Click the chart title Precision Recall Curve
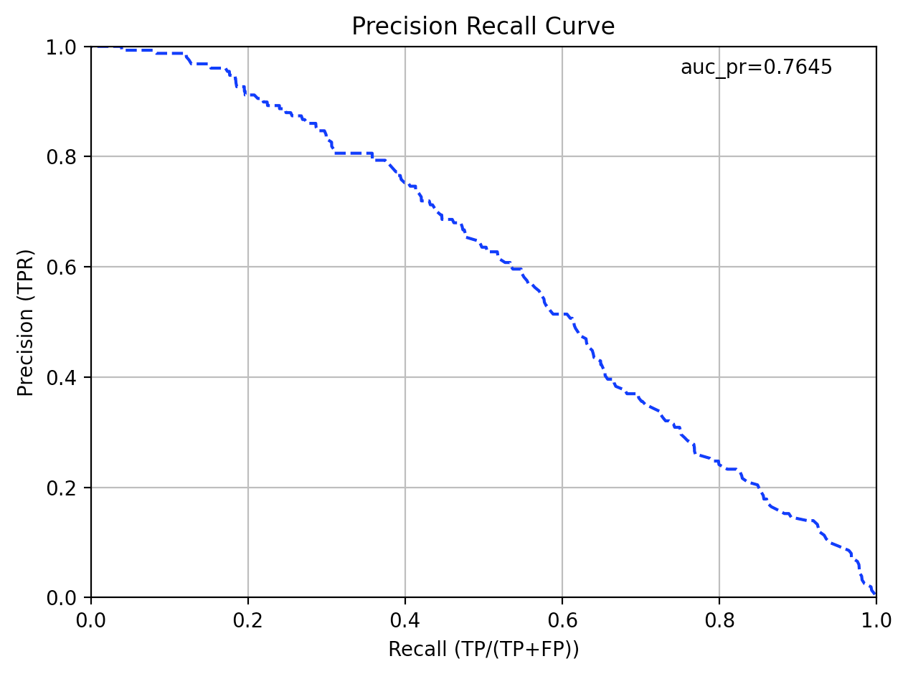483,27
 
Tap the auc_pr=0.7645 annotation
756,67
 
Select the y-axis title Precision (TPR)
26,322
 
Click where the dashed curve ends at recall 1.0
874,594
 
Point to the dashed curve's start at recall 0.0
93,47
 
